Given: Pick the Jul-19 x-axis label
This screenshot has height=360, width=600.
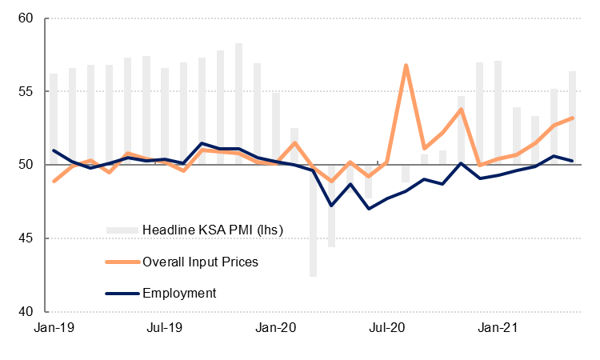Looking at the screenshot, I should (x=165, y=327).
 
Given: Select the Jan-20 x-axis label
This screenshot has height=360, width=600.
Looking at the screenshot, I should (x=276, y=327).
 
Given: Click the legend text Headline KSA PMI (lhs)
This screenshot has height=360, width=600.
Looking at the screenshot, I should (x=213, y=230).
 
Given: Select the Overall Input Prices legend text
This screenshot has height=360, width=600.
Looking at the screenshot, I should (x=200, y=262).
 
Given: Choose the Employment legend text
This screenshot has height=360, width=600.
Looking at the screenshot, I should (x=179, y=293).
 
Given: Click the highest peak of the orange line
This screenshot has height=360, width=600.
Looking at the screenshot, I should (x=406, y=65).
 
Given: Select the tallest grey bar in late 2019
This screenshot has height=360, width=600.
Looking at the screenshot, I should (x=238, y=104).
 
